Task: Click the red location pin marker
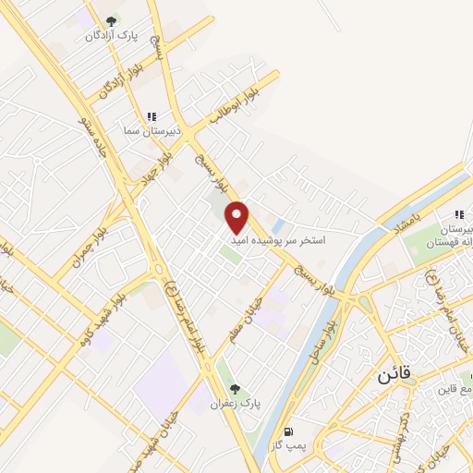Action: coord(237,216)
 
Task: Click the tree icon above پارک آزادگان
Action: coord(111,20)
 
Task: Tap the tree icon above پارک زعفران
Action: coord(234,389)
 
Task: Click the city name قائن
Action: coord(392,375)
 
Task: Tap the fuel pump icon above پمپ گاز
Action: coord(289,431)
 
